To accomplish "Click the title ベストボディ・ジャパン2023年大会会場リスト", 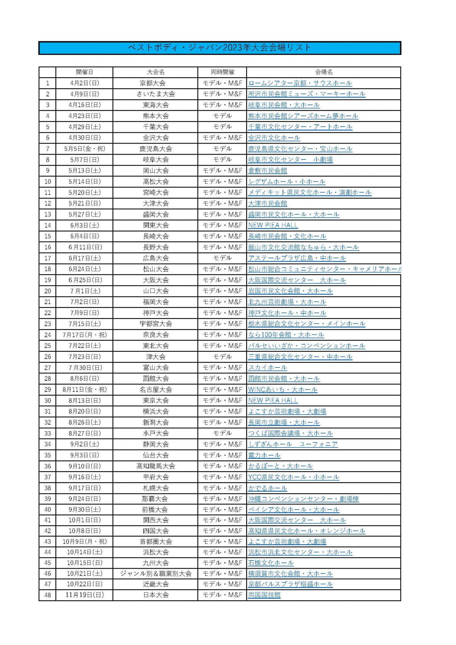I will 220,48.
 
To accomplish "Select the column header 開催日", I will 84,72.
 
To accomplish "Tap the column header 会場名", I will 324,72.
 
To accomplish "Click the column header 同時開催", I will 222,72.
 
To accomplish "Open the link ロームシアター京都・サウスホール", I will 300,83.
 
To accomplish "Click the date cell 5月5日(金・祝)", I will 84,149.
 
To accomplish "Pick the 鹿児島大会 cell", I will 155,149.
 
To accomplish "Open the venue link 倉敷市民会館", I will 267,171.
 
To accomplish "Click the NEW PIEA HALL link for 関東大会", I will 273,225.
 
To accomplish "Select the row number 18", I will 48,269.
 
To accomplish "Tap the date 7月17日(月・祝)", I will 84,335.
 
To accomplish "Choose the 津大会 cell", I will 155,357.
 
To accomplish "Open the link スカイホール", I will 267,368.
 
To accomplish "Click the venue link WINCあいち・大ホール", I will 282,390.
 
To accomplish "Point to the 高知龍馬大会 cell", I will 155,466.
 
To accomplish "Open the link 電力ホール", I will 264,455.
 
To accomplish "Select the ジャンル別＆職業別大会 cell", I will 155,574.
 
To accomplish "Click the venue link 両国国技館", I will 264,595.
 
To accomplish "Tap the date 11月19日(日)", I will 84,595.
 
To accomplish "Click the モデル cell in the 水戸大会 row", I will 222,433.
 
